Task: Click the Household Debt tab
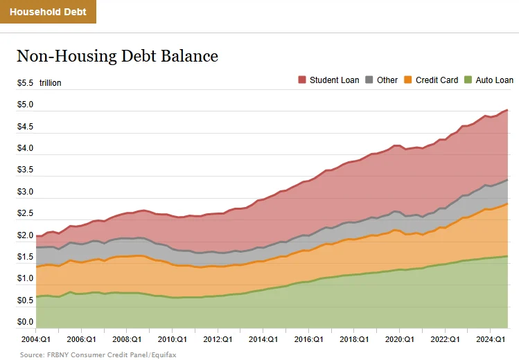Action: [x=48, y=12]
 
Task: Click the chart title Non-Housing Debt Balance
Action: [x=117, y=56]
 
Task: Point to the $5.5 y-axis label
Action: [x=26, y=83]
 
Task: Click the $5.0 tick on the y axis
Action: [x=26, y=105]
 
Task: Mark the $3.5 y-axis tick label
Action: [x=26, y=170]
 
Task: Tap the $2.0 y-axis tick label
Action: [x=26, y=235]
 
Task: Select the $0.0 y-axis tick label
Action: [x=26, y=323]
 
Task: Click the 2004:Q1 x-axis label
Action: [x=36, y=340]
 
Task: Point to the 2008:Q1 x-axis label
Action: [x=127, y=340]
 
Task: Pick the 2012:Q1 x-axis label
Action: [x=218, y=340]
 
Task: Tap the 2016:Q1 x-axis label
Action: [x=308, y=340]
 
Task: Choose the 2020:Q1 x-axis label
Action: [x=399, y=340]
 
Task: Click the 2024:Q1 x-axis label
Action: [x=490, y=340]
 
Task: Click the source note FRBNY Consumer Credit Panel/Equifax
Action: [x=88, y=354]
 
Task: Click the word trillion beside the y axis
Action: [x=50, y=83]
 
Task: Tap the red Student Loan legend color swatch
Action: [x=302, y=80]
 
